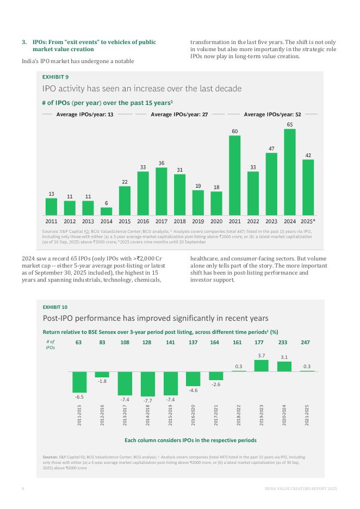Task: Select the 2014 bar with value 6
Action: [x=106, y=212]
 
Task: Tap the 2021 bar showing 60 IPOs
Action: [x=234, y=176]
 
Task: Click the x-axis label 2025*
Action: [x=308, y=221]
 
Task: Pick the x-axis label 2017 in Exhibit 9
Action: [x=161, y=221]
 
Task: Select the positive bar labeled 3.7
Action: [x=262, y=365]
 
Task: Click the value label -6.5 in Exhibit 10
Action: [x=79, y=398]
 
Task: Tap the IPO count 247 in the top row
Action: [x=307, y=343]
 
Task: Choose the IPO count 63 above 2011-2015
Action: [x=79, y=343]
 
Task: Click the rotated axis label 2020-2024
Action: [x=284, y=415]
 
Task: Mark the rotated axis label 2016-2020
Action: [x=193, y=415]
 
